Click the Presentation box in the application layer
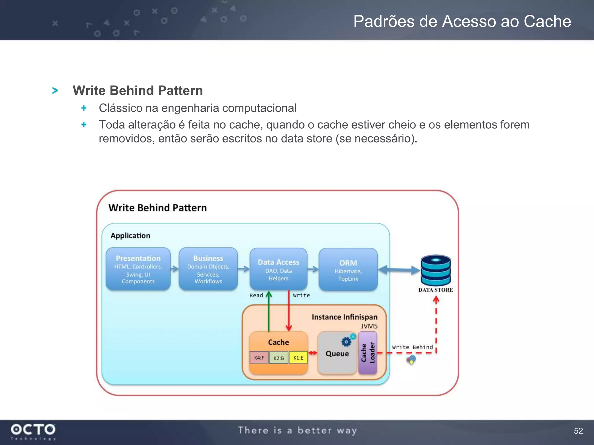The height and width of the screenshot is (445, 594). tap(138, 269)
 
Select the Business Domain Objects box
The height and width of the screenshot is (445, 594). tap(208, 269)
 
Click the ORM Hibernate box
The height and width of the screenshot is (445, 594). tap(348, 269)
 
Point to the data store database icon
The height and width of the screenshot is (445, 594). tap(436, 270)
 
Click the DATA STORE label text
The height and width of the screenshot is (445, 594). tap(436, 290)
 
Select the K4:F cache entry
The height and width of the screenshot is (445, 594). tap(259, 358)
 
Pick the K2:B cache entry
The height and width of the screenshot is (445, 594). tap(279, 358)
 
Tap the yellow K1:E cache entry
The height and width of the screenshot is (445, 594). tap(298, 358)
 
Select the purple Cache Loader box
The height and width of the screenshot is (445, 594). tap(368, 353)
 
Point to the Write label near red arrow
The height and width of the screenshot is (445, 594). tap(301, 295)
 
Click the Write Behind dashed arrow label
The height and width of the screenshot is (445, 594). tap(412, 347)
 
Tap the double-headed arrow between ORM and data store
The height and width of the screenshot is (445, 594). tap(399, 270)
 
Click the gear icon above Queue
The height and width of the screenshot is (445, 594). tap(346, 342)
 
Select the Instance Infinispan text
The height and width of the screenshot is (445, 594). tap(344, 317)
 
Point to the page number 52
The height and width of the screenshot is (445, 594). tap(578, 431)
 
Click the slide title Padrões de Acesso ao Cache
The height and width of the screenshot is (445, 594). tap(462, 21)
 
